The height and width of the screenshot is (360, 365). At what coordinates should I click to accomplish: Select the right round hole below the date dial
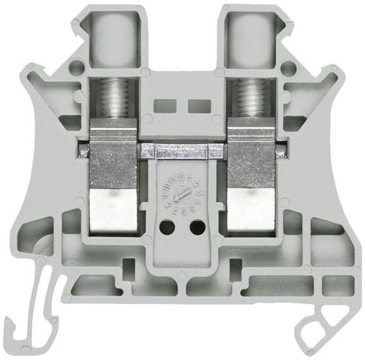pyautogui.click(x=198, y=227)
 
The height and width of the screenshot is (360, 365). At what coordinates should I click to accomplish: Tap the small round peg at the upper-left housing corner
pyautogui.click(x=76, y=66)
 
